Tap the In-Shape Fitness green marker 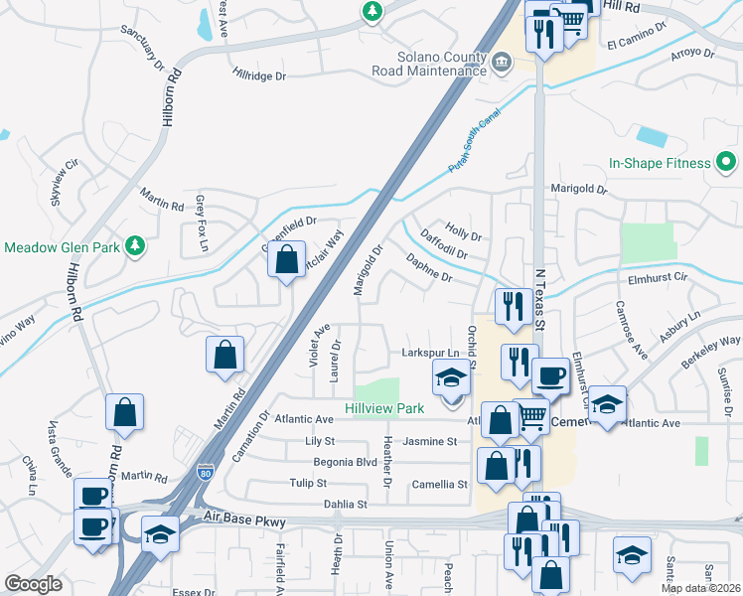726,162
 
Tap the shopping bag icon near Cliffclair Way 286,262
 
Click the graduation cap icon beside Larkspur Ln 450,376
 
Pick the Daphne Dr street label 429,269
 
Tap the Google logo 34,583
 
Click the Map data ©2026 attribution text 701,588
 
